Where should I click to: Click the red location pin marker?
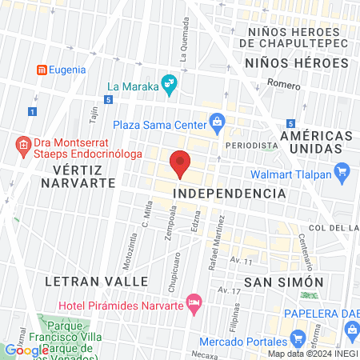pyautogui.click(x=180, y=162)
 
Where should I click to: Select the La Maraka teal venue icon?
pyautogui.click(x=169, y=82)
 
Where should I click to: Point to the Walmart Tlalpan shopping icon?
pyautogui.click(x=342, y=170)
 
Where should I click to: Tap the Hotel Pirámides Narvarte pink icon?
pyautogui.click(x=193, y=303)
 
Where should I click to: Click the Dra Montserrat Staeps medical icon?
pyautogui.click(x=23, y=146)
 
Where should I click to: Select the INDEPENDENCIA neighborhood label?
pyautogui.click(x=230, y=194)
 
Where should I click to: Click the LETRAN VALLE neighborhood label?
pyautogui.click(x=97, y=282)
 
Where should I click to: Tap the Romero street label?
pyautogui.click(x=283, y=84)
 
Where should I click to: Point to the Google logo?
pyautogui.click(x=26, y=350)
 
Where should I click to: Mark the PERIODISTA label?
pyautogui.click(x=251, y=146)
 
